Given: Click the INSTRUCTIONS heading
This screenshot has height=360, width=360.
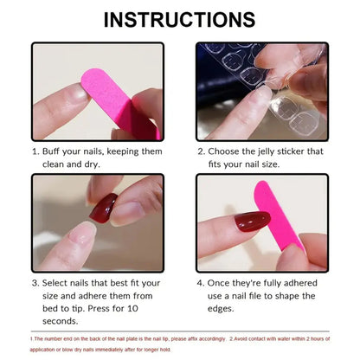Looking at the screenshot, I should (x=180, y=19).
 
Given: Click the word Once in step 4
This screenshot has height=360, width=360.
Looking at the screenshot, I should (x=223, y=282).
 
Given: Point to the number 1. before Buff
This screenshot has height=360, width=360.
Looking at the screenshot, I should (x=37, y=150).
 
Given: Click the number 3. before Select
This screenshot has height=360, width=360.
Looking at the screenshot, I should (x=37, y=282).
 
